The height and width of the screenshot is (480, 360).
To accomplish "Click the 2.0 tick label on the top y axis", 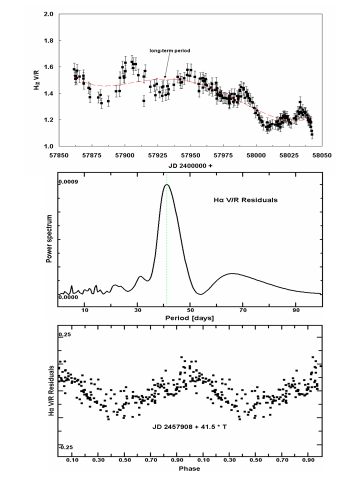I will (48, 14).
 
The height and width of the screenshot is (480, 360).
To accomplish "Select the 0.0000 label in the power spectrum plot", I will (69, 297).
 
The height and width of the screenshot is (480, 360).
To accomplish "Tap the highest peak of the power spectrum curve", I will (166, 184).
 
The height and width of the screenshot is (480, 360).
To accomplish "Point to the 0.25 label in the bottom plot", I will (65, 334).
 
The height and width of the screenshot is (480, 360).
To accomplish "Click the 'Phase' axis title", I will (190, 468).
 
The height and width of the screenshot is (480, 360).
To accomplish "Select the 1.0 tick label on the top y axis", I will (48, 146).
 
